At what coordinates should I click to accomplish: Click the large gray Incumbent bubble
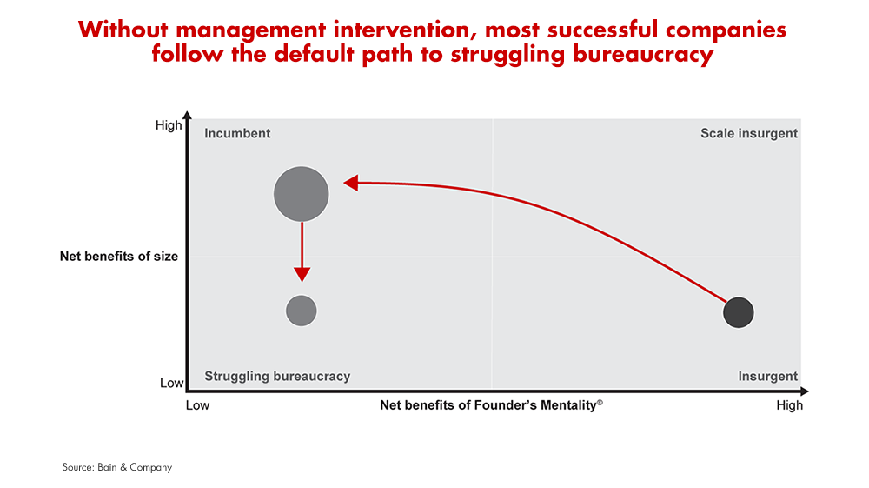coord(302,194)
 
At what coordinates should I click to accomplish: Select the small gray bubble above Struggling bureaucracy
coord(302,311)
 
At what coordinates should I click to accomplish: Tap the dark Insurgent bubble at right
coord(738,312)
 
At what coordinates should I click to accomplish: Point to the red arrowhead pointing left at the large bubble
coord(351,183)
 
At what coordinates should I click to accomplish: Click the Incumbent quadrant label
coord(237,133)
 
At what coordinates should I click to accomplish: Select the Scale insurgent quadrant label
coord(748,133)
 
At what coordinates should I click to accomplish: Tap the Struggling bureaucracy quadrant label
coord(277,376)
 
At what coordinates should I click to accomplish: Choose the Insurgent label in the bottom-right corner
coord(767,376)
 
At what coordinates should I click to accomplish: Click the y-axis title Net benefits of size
coord(119,257)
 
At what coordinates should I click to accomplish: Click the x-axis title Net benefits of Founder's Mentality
coord(491,405)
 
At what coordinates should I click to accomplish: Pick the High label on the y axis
coord(169,125)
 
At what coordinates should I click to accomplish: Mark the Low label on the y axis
coord(171,383)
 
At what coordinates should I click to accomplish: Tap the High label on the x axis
coord(789,405)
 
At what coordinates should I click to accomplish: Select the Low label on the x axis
coord(199,405)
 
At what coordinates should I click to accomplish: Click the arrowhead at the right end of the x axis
coord(805,391)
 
